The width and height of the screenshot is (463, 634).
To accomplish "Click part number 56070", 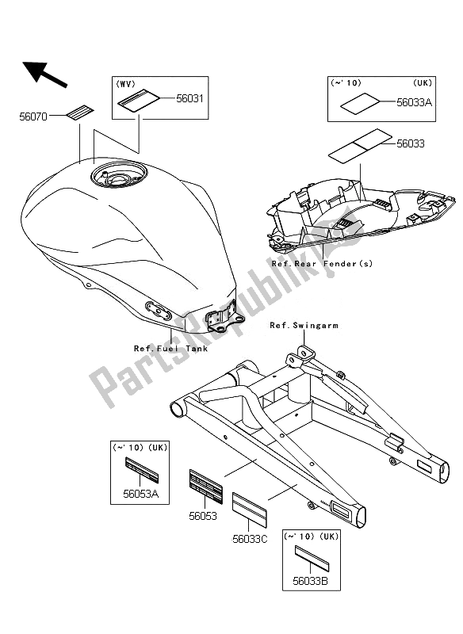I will pos(33,116).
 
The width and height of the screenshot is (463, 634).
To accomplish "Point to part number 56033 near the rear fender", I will pos(411,144).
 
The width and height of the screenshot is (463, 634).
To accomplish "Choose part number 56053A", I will pos(142,492).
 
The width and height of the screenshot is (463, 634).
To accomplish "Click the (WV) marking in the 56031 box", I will pos(127,82).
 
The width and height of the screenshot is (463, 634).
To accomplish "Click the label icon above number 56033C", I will pos(249,508).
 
